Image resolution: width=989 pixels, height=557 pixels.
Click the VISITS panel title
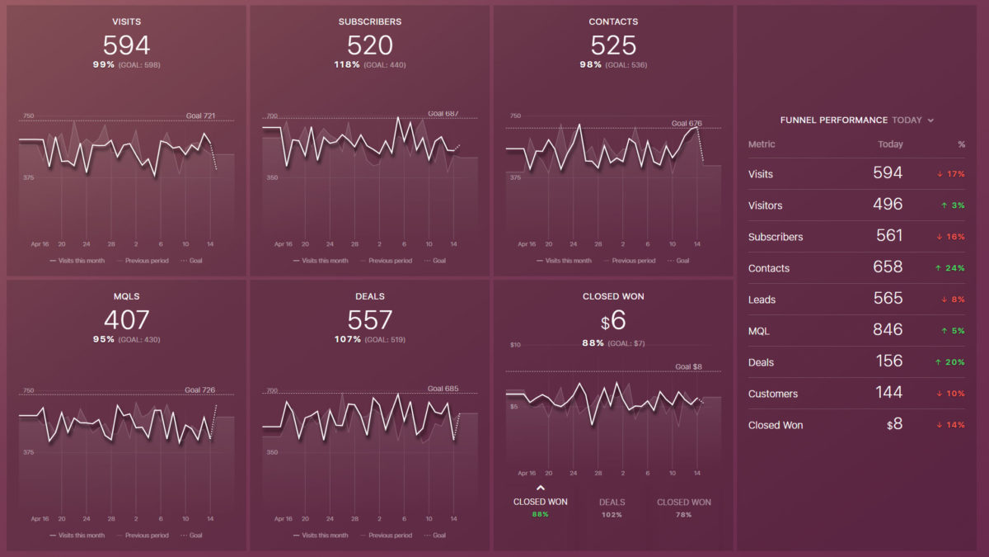[x=126, y=21]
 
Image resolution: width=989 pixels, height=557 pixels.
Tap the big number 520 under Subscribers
[x=370, y=45]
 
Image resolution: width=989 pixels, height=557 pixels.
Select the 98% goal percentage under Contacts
[x=590, y=64]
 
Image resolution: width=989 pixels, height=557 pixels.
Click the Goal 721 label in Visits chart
[x=200, y=116]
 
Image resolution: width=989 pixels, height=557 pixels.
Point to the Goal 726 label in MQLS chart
[x=199, y=389]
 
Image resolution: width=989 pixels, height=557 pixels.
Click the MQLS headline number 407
[x=126, y=319]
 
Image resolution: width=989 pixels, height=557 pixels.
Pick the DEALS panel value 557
[x=370, y=319]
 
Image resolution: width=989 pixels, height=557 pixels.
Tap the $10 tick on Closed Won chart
[x=515, y=344]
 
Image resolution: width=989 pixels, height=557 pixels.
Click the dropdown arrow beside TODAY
[x=930, y=120]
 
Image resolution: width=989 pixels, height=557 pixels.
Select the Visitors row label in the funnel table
[x=765, y=205]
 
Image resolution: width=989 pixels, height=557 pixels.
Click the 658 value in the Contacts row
[x=887, y=267]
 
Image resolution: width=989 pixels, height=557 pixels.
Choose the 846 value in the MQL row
[x=887, y=329]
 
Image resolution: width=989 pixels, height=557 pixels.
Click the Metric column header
[x=761, y=144]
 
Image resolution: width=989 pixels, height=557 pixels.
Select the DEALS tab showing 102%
[x=612, y=502]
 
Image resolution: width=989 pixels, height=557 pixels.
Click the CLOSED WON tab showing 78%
[x=683, y=502]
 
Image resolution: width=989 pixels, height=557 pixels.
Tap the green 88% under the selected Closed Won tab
[x=541, y=514]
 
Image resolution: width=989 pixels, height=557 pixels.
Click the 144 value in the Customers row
[x=888, y=392]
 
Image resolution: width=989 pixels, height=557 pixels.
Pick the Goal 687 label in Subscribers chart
[x=443, y=114]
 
